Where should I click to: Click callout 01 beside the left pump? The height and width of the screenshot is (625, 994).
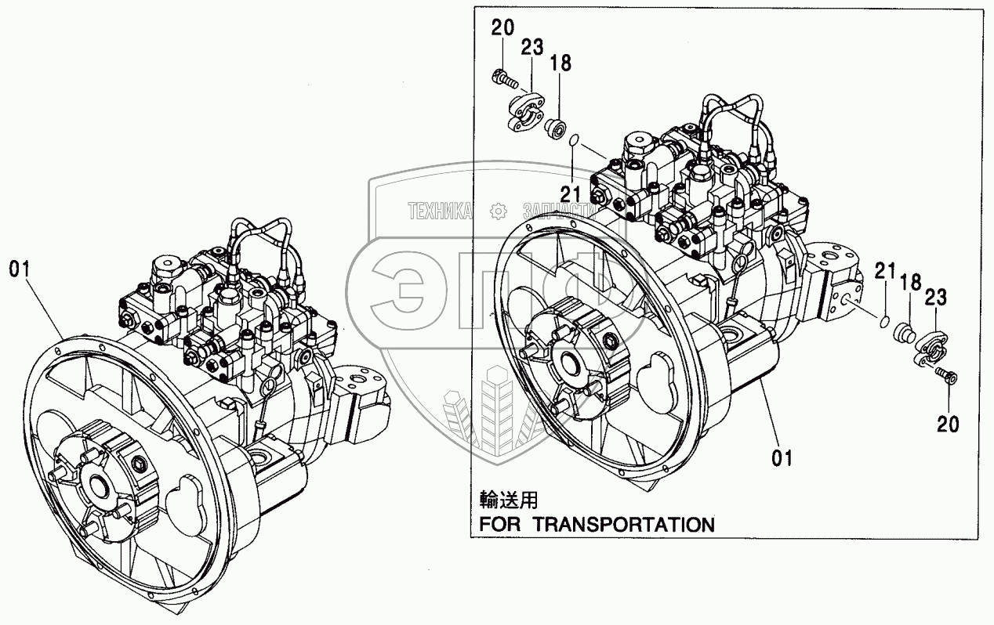coord(19,269)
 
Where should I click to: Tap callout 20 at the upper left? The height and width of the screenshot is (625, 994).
coord(502,29)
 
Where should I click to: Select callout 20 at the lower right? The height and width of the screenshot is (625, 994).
coord(948,424)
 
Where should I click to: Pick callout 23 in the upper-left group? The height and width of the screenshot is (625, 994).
coord(531,48)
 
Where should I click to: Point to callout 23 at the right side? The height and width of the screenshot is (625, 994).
coord(936,298)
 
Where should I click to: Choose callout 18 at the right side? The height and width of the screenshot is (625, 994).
coord(909,284)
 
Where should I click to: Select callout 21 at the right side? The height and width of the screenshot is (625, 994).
coord(885,272)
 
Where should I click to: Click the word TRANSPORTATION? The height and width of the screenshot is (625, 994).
coord(624,524)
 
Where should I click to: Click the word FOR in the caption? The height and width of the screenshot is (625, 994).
coord(501,524)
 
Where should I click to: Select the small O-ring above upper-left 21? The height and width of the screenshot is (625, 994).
coord(575,140)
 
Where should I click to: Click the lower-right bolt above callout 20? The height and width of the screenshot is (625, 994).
coord(947,377)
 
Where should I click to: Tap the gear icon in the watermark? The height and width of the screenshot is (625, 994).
coord(495,210)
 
